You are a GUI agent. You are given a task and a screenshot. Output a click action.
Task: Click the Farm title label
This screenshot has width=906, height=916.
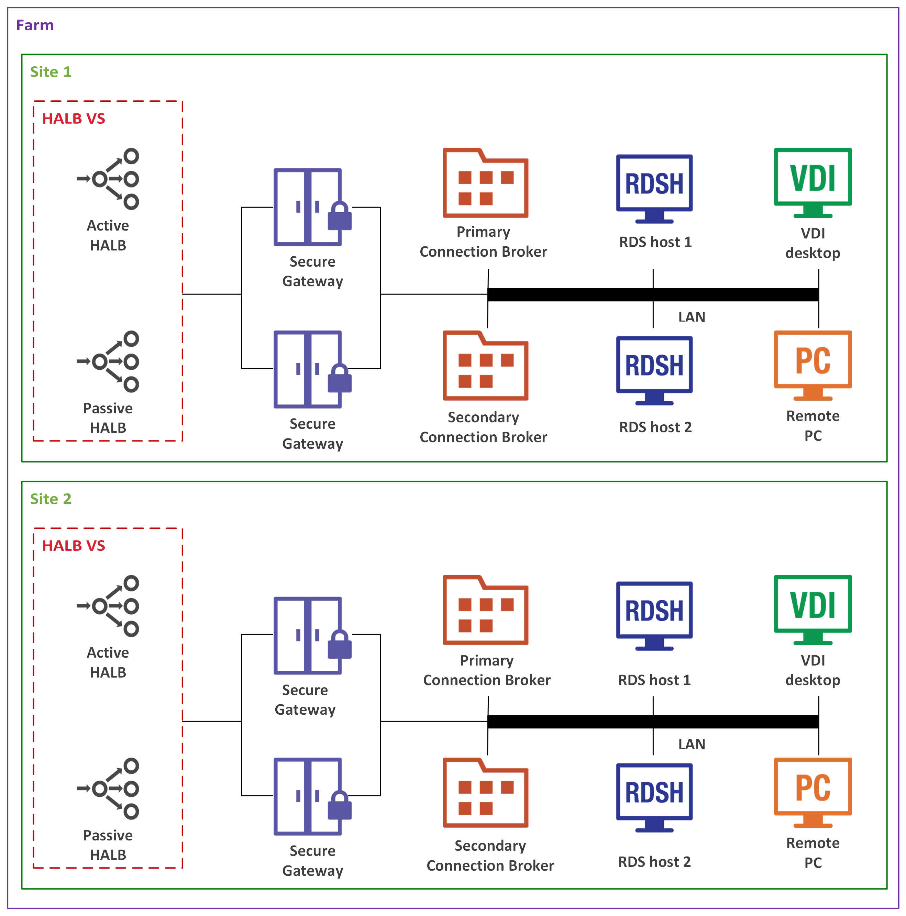(x=35, y=25)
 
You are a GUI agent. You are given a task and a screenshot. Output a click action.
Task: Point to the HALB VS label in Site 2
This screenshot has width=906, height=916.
(x=74, y=546)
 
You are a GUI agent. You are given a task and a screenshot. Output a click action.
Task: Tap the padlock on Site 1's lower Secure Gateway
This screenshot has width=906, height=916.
(x=340, y=379)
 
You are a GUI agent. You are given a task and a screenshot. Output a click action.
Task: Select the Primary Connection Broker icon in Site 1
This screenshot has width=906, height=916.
(x=485, y=183)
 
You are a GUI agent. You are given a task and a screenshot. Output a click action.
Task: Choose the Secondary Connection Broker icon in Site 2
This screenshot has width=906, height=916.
(x=485, y=793)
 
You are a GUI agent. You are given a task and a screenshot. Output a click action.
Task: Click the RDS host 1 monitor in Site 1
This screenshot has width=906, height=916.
(x=654, y=188)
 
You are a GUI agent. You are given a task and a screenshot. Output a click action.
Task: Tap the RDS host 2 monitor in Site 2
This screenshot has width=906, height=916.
(x=654, y=797)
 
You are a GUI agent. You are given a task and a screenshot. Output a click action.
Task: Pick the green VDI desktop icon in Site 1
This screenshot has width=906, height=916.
(x=813, y=182)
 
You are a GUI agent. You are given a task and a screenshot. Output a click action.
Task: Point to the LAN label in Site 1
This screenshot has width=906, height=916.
(x=692, y=317)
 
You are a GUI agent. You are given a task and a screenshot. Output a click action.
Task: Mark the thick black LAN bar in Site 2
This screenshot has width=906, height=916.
(x=653, y=722)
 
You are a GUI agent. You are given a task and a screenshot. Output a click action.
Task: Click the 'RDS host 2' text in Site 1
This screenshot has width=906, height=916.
(x=655, y=427)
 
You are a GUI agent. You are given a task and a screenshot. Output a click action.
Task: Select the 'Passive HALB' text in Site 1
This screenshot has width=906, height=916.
(x=108, y=418)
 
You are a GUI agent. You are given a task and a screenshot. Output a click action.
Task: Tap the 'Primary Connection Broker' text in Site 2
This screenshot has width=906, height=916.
(x=487, y=670)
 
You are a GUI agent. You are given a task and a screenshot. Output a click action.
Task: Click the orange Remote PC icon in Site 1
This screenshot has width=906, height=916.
(x=813, y=365)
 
